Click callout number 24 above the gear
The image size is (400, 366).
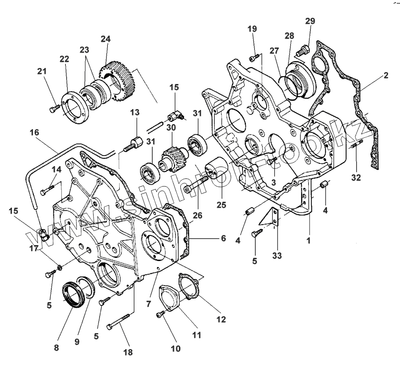click(105, 39)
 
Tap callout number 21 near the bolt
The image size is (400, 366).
click(42, 71)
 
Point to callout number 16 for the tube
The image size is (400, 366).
click(35, 132)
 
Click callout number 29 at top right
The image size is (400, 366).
click(310, 21)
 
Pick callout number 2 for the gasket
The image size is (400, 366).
click(386, 75)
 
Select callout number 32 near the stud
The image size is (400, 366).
click(357, 177)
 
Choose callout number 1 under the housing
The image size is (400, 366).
click(308, 240)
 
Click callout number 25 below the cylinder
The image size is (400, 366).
click(221, 205)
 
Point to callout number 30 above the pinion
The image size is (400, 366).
click(171, 129)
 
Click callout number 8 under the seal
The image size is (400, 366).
click(56, 347)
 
